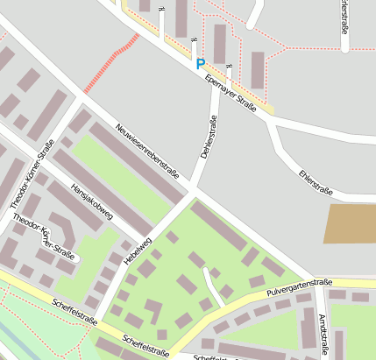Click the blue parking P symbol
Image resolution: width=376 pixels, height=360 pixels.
[200, 64]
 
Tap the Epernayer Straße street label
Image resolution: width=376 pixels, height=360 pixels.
[230, 94]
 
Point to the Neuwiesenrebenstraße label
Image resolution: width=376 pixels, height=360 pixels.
[146, 149]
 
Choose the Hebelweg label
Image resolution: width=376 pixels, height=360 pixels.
[138, 251]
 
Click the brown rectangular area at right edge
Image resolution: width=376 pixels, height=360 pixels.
[351, 223]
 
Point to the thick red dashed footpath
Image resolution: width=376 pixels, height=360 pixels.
[111, 64]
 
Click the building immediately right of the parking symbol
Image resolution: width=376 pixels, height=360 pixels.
[219, 44]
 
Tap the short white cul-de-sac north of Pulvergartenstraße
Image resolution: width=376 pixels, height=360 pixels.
[211, 282]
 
